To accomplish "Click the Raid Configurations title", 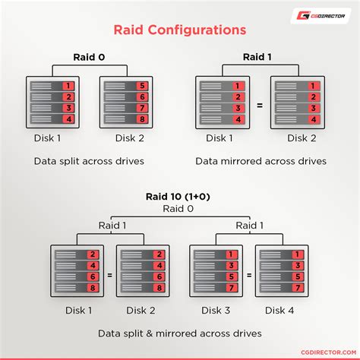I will pyautogui.click(x=179, y=30).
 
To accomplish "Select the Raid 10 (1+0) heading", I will pyautogui.click(x=179, y=197).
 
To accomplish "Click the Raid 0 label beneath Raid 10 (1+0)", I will pyautogui.click(x=179, y=207).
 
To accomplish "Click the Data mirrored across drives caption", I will pyautogui.click(x=261, y=161).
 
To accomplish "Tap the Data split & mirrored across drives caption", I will pyautogui.click(x=179, y=333).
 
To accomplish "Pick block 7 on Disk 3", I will pyautogui.click(x=229, y=288).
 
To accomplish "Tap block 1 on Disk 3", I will pyautogui.click(x=229, y=253).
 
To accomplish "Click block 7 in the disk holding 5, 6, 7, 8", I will pyautogui.click(x=141, y=108).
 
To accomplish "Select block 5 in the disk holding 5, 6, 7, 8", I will pyautogui.click(x=141, y=86).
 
